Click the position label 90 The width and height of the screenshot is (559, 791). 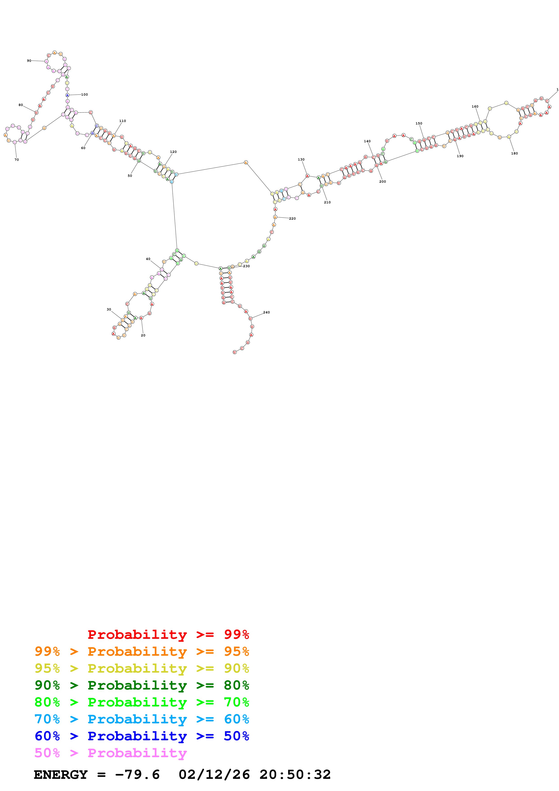pos(29,61)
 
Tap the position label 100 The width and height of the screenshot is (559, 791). pos(84,94)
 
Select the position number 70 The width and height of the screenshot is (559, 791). pos(16,160)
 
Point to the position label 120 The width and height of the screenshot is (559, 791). pos(173,152)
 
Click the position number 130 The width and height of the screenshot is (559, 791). pos(301,159)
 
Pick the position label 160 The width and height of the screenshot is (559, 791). pos(475,106)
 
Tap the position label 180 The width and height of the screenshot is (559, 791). pos(514,153)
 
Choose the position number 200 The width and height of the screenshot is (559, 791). pos(382,182)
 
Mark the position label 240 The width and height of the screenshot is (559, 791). pos(266,313)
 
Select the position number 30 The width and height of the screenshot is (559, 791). pos(109,309)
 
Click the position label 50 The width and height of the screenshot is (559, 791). pos(130,176)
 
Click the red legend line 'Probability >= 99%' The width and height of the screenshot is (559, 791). pos(168,635)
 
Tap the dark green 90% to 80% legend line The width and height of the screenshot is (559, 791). pos(142,685)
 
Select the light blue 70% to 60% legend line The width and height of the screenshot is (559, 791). pos(142,719)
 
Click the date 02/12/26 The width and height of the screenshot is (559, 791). pos(214,775)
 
